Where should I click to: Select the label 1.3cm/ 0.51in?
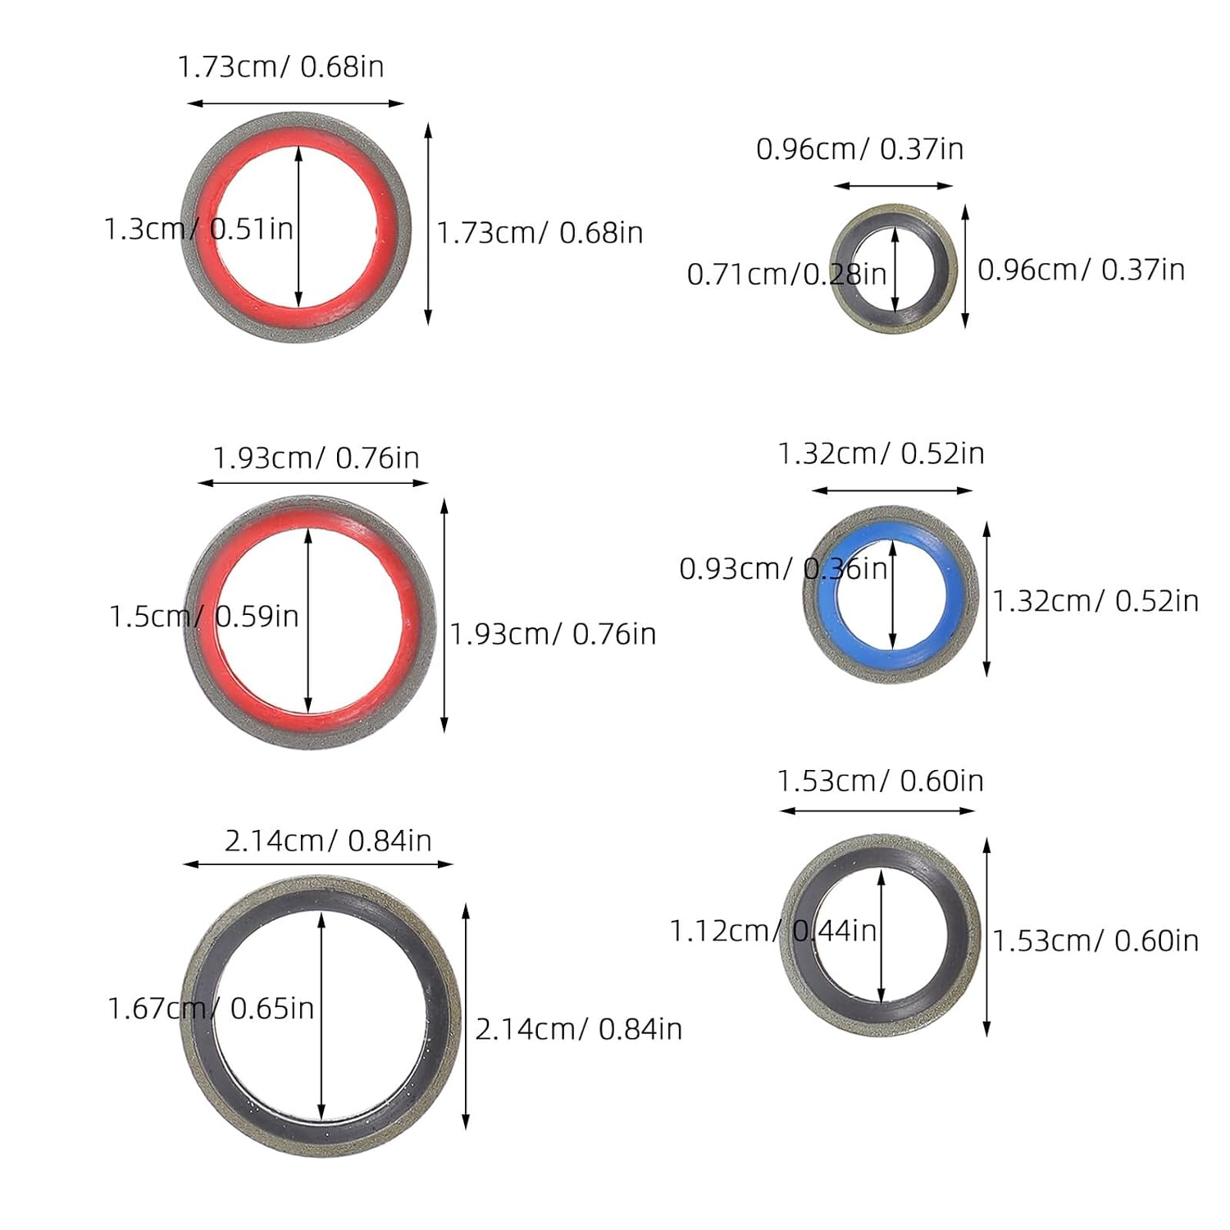(198, 229)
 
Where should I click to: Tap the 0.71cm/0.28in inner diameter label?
(786, 274)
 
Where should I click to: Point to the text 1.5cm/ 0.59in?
(204, 616)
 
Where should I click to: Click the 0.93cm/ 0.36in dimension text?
(783, 568)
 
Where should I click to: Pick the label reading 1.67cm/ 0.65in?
(211, 1008)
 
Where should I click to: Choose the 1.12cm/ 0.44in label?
(773, 931)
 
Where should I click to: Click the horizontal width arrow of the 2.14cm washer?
(318, 863)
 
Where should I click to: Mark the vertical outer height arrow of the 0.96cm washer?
(965, 266)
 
